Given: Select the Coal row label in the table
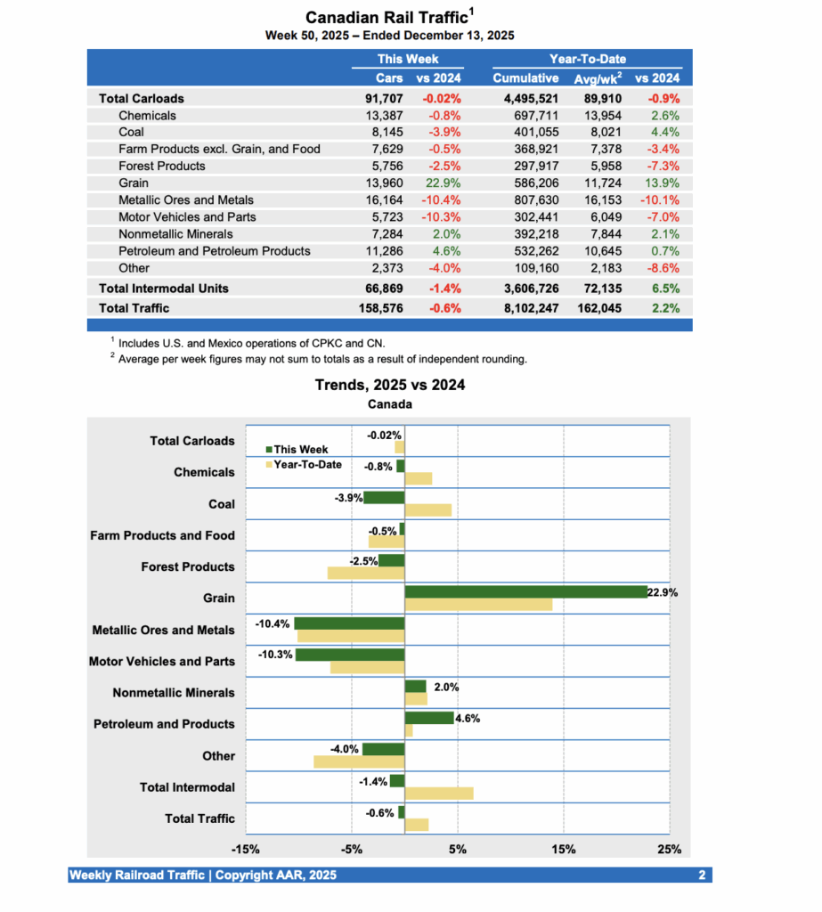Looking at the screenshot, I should (x=132, y=132).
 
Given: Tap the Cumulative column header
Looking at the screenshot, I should (x=525, y=77).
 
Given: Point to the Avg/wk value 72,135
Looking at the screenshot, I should (x=597, y=288).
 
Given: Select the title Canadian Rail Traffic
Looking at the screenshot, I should (x=387, y=17).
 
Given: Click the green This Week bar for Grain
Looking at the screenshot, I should (x=525, y=591).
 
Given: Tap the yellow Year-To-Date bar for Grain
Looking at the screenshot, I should (x=477, y=605).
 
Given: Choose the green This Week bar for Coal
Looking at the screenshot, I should (x=383, y=497).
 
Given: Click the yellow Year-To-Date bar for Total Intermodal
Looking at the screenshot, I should (x=438, y=794).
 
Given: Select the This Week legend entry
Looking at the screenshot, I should (x=298, y=450).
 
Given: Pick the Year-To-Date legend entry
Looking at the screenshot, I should (x=303, y=464).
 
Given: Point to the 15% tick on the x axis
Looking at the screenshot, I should (x=564, y=849).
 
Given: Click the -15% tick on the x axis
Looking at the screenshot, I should (x=245, y=849).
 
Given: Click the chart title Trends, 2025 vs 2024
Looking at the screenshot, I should (x=390, y=385).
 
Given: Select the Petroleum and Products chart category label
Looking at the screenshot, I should (x=164, y=724).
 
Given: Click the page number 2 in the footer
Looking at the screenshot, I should (x=702, y=875).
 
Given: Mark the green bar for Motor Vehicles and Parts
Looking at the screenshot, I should (x=349, y=655).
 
